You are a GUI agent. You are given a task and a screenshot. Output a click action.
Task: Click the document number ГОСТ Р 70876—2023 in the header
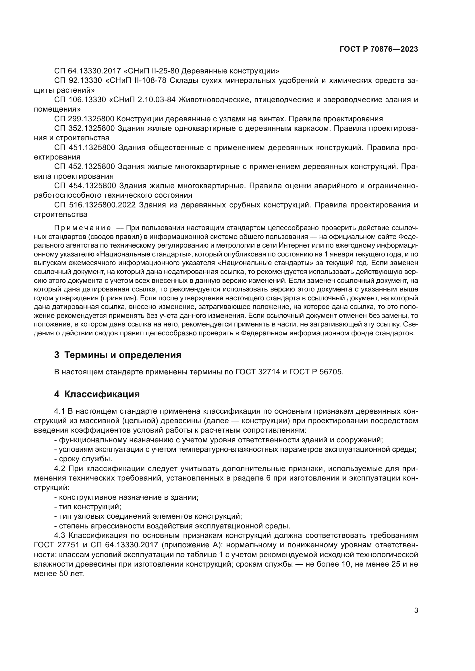point(379,49)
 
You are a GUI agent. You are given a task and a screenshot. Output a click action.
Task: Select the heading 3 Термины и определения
point(117,355)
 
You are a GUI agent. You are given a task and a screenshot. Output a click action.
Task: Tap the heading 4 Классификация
point(97,394)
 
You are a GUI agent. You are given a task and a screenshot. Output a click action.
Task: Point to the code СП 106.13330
point(80,100)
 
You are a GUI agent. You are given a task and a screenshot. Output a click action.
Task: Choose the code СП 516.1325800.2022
point(95,205)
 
